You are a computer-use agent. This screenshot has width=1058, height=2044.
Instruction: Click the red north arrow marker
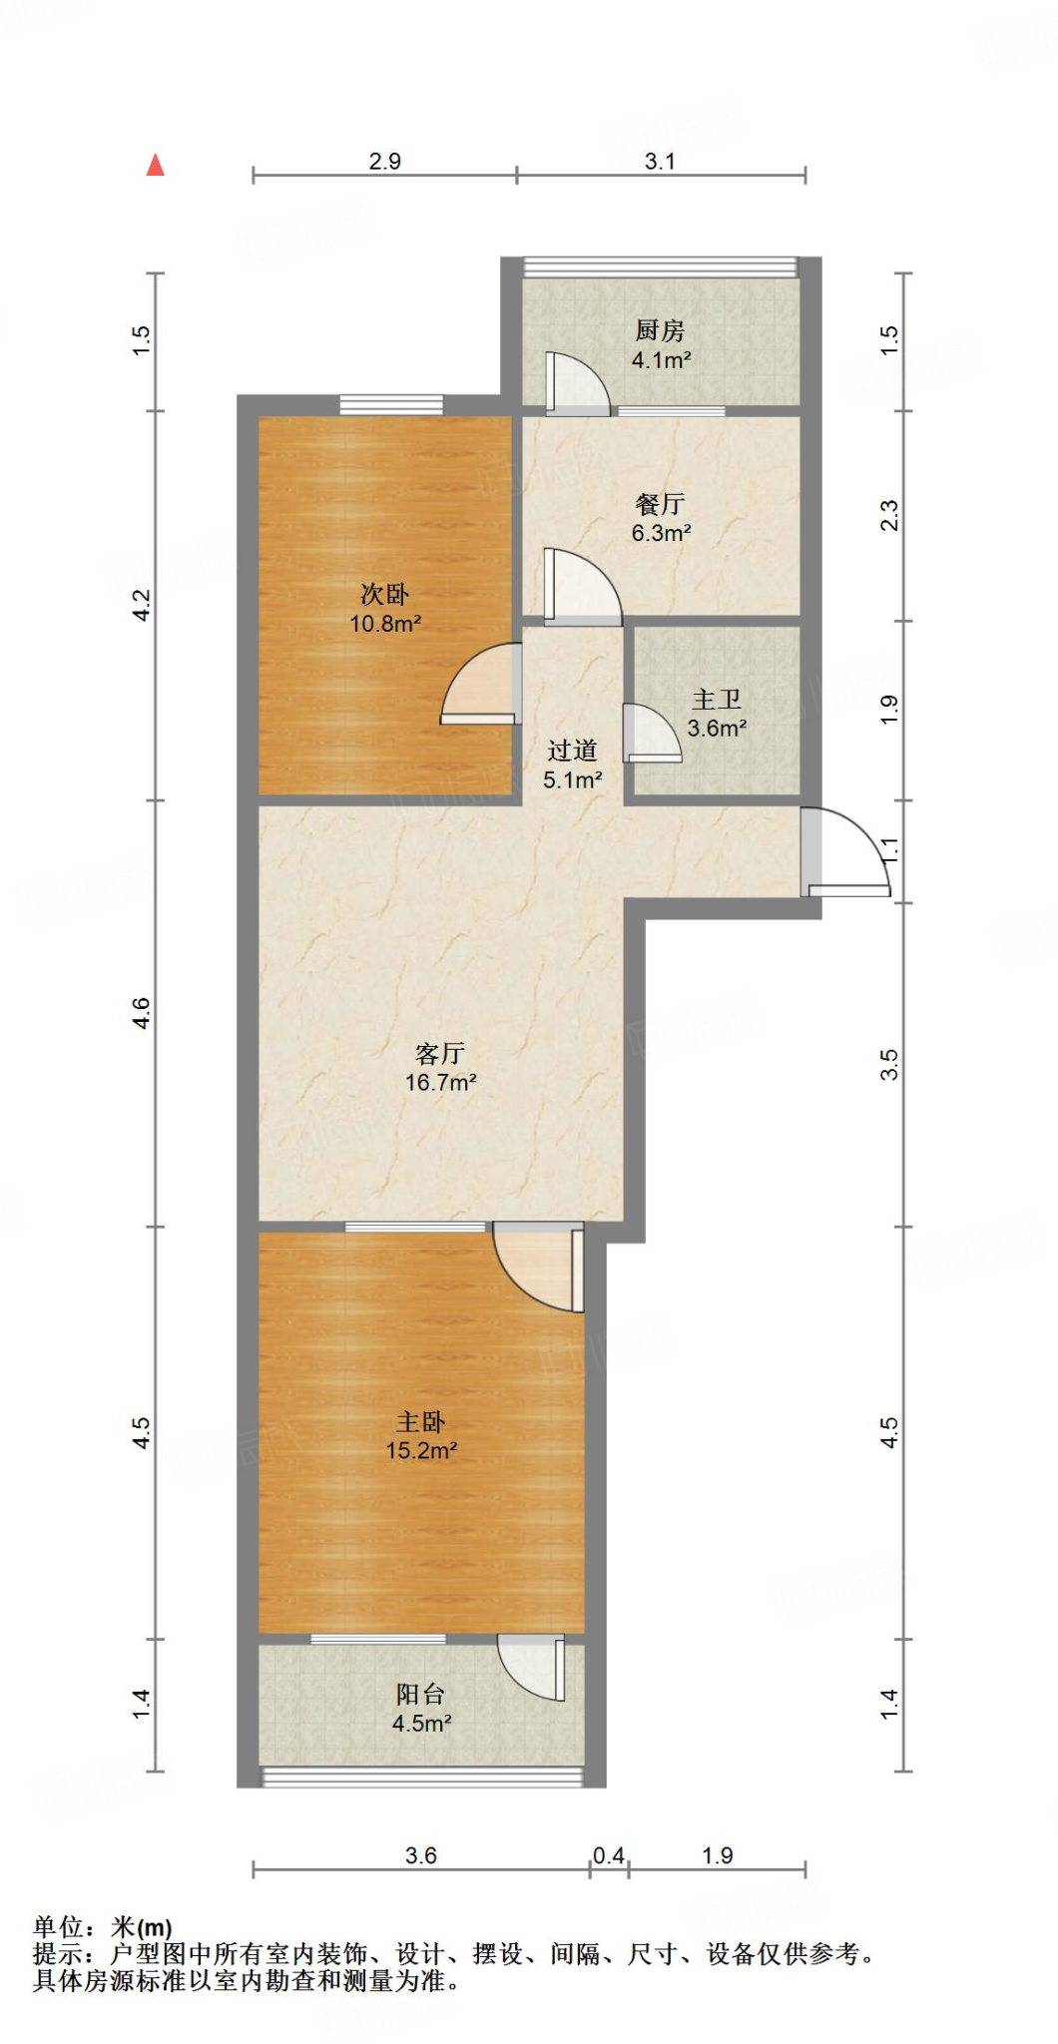(155, 165)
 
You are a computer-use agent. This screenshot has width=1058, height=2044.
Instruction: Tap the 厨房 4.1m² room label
(661, 345)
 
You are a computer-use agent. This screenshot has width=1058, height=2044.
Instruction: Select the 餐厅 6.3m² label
(661, 519)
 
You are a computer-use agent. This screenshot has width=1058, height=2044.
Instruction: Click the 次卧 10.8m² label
(385, 609)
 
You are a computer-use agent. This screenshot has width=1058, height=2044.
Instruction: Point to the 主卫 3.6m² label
(717, 714)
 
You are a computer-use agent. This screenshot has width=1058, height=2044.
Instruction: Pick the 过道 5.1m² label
(572, 765)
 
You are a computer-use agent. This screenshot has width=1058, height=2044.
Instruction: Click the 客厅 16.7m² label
(440, 1068)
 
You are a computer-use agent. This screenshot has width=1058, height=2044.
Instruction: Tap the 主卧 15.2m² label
(421, 1436)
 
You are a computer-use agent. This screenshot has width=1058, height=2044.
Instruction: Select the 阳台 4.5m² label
(421, 1708)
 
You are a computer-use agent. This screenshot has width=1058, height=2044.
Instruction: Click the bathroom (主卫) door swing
(650, 734)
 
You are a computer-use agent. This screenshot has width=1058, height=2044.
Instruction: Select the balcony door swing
(534, 1667)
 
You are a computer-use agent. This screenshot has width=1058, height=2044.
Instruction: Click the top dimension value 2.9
(384, 161)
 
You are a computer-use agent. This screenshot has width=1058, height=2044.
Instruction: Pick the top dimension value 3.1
(660, 161)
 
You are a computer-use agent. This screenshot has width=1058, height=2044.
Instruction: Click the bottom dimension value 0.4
(609, 1855)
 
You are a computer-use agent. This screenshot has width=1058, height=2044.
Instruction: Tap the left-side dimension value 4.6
(142, 1013)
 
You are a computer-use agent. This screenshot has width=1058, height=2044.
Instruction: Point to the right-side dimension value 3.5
(889, 1064)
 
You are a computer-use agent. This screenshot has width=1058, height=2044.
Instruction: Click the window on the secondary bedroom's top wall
(390, 404)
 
